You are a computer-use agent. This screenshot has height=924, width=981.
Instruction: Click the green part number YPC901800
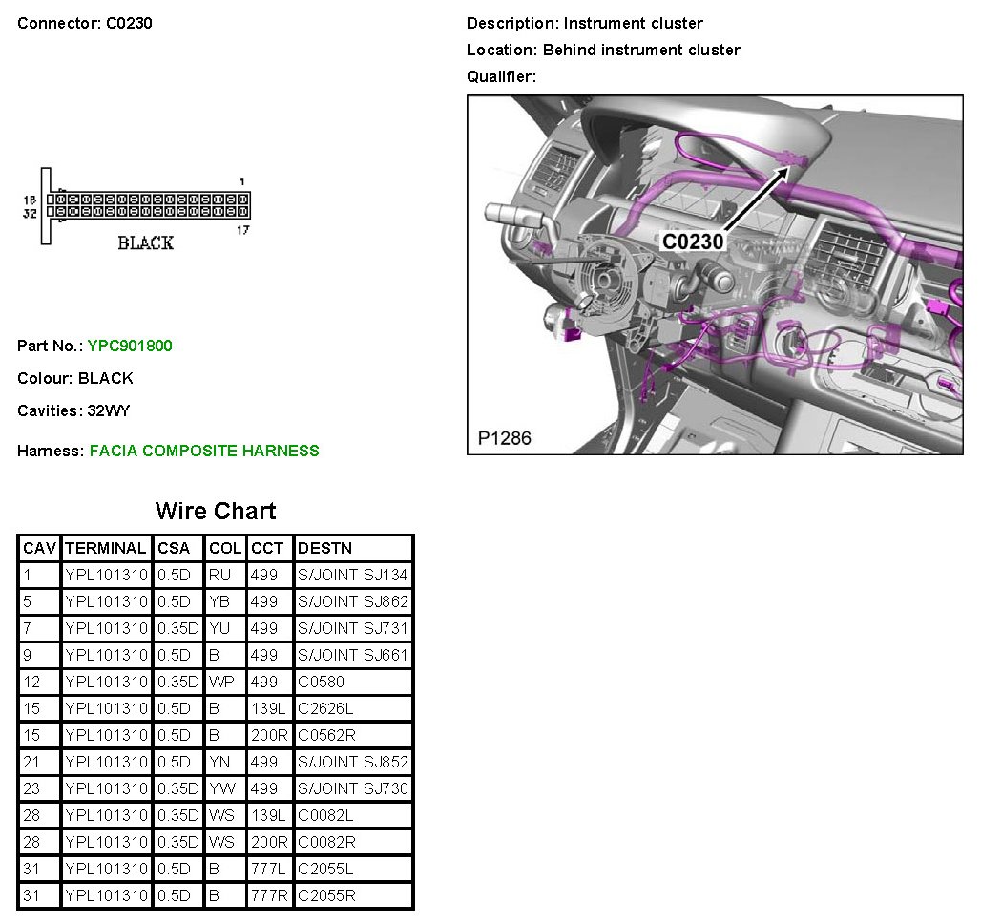pyautogui.click(x=130, y=346)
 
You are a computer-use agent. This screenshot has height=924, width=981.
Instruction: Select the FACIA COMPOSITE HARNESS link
pyautogui.click(x=204, y=451)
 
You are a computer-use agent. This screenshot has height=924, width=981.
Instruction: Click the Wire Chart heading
pyautogui.click(x=216, y=511)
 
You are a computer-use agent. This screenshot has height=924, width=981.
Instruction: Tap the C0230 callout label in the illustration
pyautogui.click(x=693, y=241)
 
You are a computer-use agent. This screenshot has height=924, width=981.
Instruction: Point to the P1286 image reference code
pyautogui.click(x=504, y=438)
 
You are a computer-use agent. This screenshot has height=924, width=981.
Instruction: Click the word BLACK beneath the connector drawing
pyautogui.click(x=145, y=242)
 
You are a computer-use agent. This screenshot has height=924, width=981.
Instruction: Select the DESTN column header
pyautogui.click(x=324, y=549)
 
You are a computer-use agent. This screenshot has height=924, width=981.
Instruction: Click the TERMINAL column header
pyautogui.click(x=106, y=549)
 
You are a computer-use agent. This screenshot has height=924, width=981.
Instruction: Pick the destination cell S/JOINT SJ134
pyautogui.click(x=353, y=575)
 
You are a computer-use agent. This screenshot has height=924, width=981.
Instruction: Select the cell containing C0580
pyautogui.click(x=321, y=682)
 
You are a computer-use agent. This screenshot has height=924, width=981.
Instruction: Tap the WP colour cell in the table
pyautogui.click(x=221, y=682)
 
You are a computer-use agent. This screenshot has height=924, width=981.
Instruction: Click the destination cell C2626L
pyautogui.click(x=325, y=708)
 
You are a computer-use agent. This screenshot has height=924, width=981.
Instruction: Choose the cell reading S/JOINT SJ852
pyautogui.click(x=353, y=762)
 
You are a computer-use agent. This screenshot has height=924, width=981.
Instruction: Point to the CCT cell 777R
pyautogui.click(x=269, y=895)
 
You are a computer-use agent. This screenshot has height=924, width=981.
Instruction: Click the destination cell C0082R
pyautogui.click(x=326, y=842)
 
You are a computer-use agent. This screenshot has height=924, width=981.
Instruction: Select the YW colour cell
pyautogui.click(x=222, y=788)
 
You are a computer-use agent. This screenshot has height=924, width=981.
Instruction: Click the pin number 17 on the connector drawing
pyautogui.click(x=242, y=230)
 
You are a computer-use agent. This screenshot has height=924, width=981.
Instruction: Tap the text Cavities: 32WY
pyautogui.click(x=73, y=410)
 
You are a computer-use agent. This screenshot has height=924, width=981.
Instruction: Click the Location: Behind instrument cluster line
pyautogui.click(x=603, y=50)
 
